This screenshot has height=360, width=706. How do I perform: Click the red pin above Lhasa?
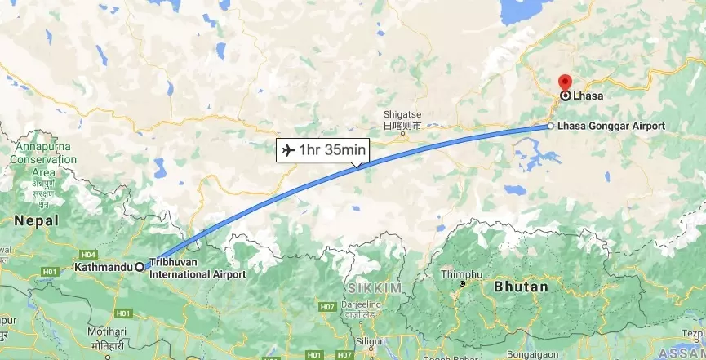point(564,82)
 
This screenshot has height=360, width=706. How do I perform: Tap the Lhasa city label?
point(588,96)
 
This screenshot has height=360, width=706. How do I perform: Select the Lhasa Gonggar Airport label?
point(611,127)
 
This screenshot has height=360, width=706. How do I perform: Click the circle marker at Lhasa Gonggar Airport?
point(551,127)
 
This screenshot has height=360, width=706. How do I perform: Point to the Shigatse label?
point(401,114)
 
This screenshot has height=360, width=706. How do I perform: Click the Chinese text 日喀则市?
point(402,127)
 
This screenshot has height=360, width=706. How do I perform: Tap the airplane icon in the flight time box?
point(287,150)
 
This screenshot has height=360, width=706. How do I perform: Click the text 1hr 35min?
point(332,150)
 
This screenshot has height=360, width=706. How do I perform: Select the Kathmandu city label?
point(103,267)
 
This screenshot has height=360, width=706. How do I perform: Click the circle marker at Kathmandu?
point(140,266)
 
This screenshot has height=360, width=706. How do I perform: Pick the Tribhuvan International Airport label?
point(197,269)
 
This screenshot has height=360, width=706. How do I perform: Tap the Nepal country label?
point(36,220)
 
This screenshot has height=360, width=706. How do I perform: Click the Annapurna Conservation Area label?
point(43,160)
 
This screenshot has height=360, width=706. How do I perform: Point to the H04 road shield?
point(89,254)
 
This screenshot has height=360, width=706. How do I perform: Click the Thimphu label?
point(461,274)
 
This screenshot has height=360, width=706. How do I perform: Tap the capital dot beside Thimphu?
point(462,284)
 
